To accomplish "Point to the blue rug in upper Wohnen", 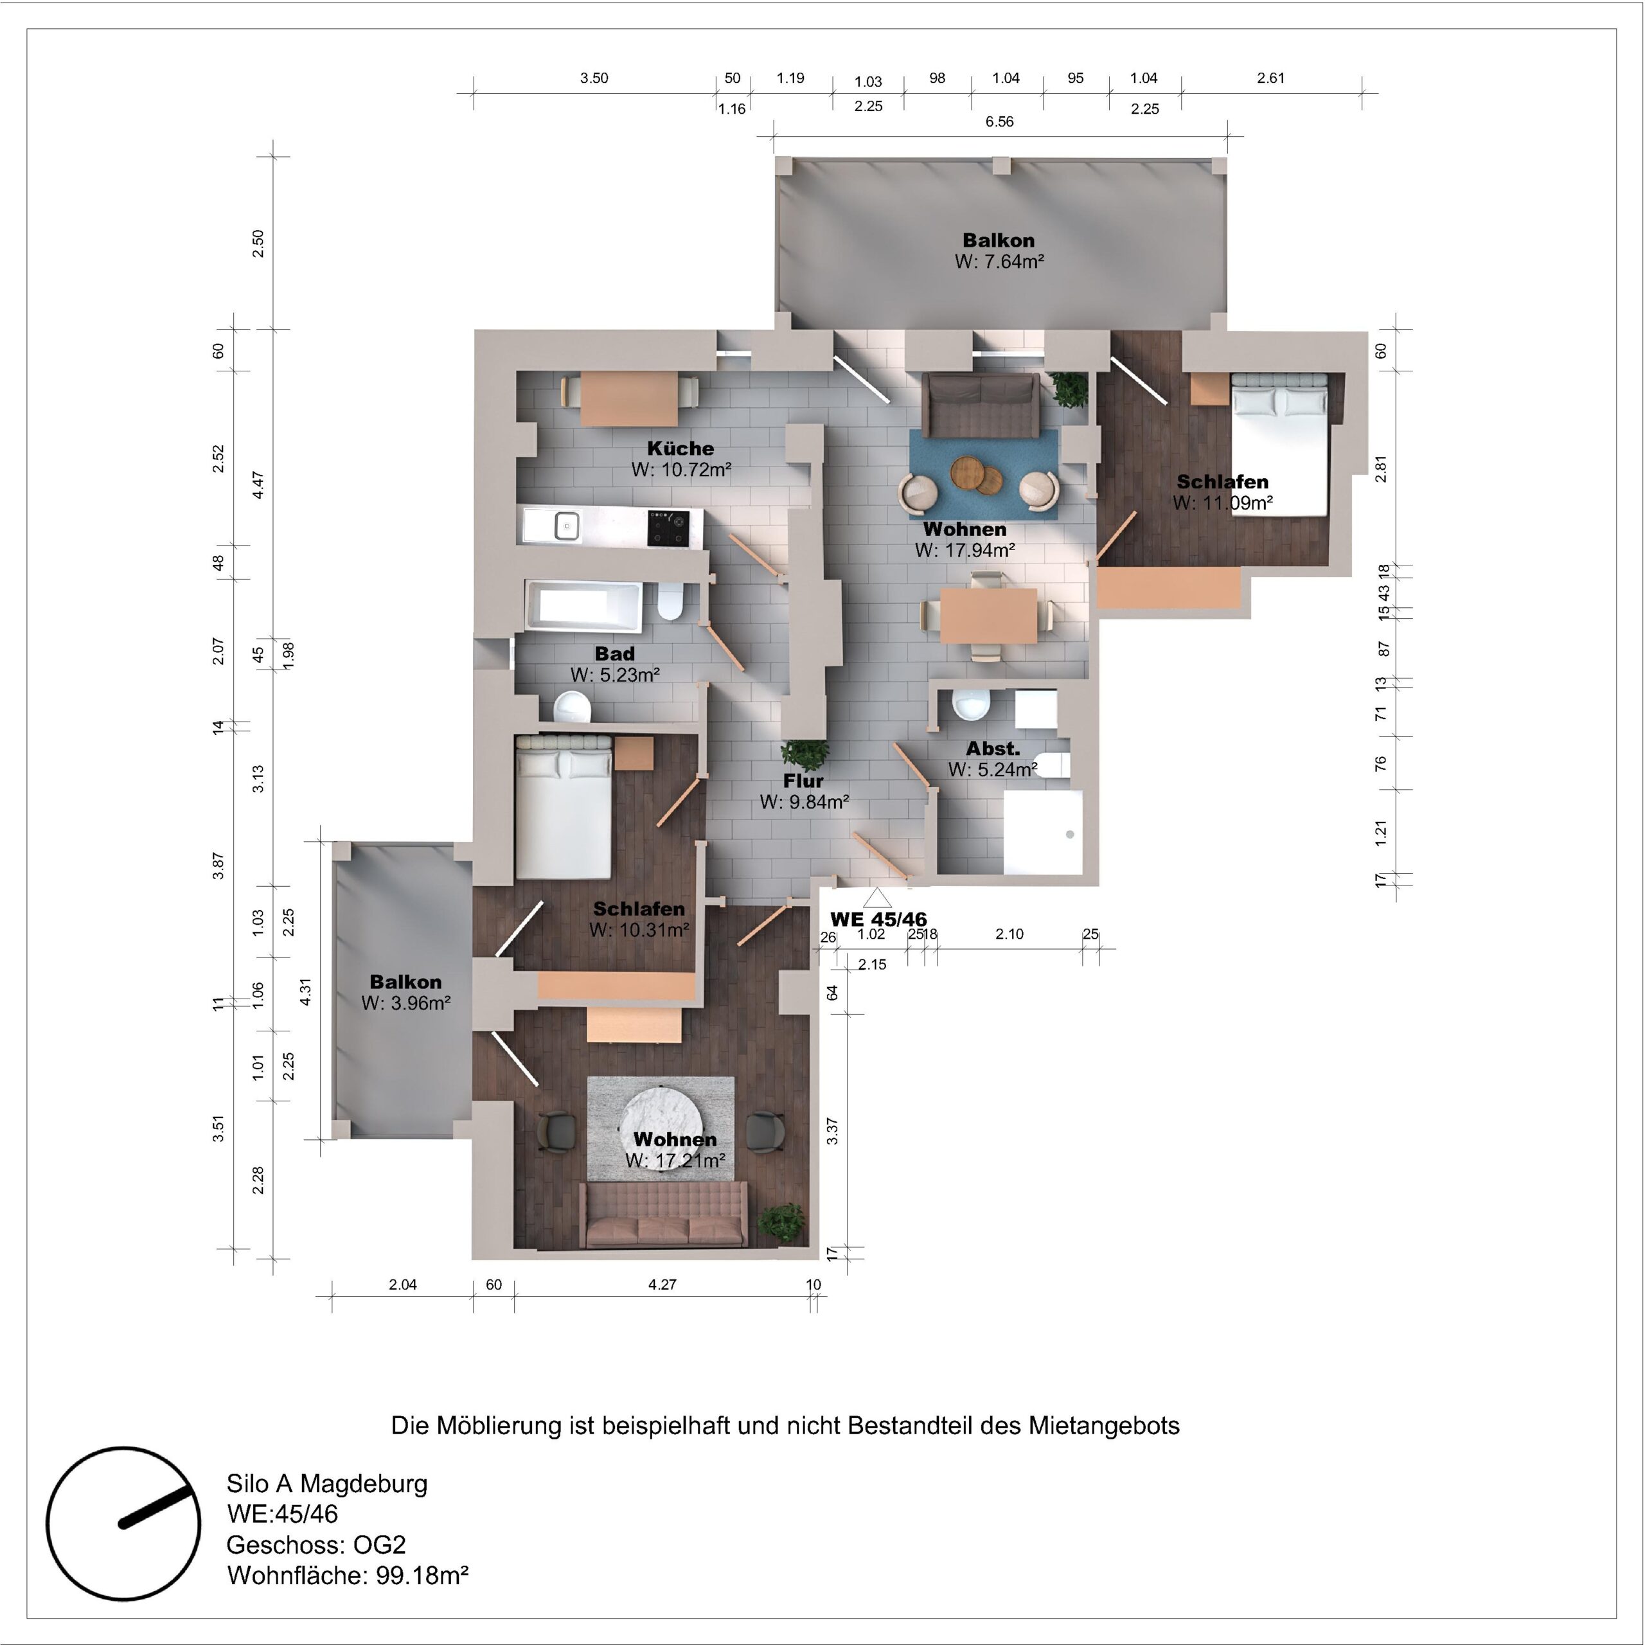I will click(983, 474).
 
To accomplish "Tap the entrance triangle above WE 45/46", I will click(877, 898).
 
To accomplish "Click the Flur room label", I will click(803, 781).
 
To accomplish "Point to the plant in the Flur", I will click(805, 754).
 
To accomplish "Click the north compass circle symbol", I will click(123, 1524).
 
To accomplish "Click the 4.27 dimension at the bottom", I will click(662, 1285).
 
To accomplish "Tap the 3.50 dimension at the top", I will click(594, 78).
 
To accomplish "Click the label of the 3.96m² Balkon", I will click(405, 982).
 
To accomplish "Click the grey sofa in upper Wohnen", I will click(983, 404).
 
